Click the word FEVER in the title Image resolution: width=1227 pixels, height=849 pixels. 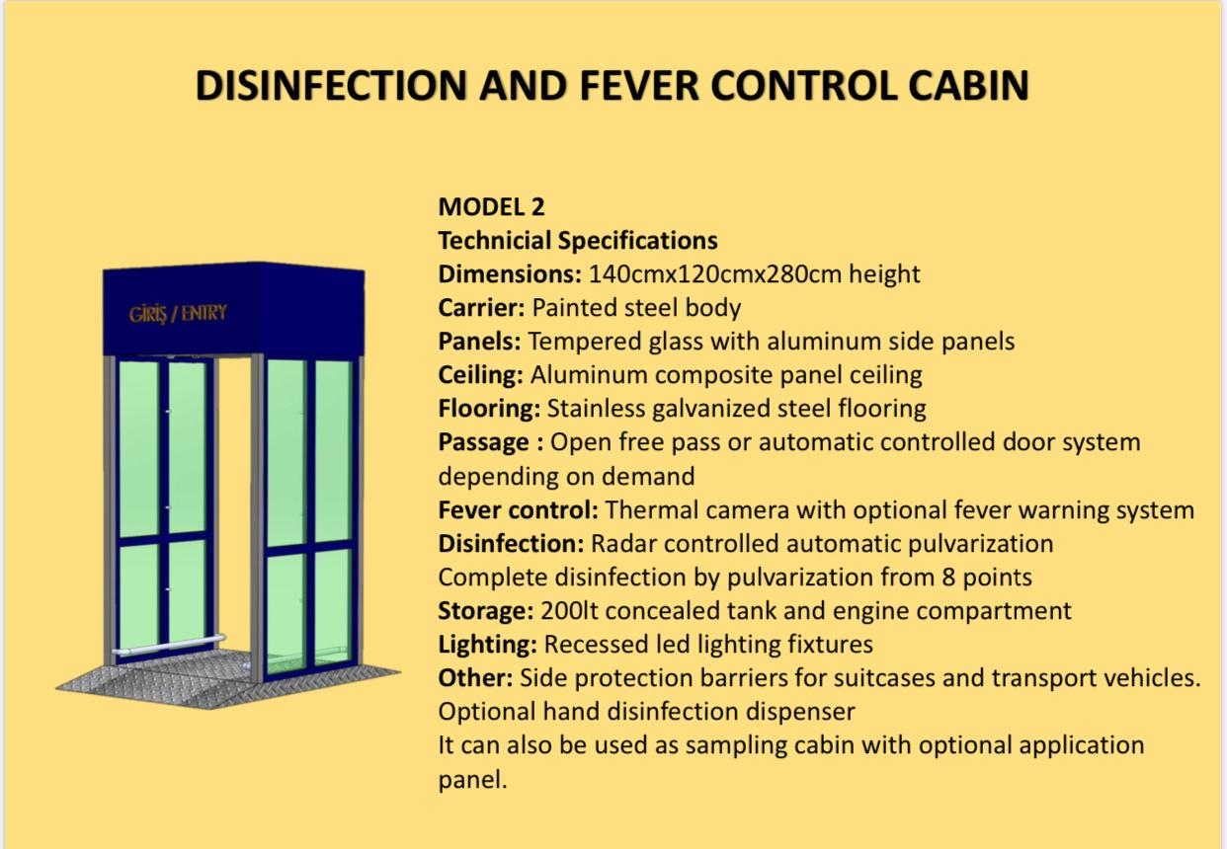pos(639,86)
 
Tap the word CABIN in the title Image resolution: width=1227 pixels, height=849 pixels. pos(968,86)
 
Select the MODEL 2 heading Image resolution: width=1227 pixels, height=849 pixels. pos(491,207)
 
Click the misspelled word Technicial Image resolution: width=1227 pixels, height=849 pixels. pos(494,240)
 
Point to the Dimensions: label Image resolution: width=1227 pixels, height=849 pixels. pos(510,273)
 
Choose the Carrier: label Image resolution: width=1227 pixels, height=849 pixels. pos(481,308)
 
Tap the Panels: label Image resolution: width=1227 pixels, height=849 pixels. pos(479,341)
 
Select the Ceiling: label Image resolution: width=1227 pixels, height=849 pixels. pos(480,375)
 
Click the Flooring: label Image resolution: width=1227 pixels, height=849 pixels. pos(489,409)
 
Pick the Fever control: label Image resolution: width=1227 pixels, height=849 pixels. pos(519,510)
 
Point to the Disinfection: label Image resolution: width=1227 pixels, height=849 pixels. pos(511,544)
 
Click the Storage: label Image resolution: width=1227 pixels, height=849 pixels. pos(486,611)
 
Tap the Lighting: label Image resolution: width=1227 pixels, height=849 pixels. pos(487,645)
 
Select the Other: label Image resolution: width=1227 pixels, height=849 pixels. pos(475,678)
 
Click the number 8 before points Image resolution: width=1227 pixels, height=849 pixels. pos(949,578)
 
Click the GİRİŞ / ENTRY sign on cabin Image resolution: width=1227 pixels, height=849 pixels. pos(178,314)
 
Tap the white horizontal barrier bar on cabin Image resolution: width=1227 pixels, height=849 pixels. pos(169,646)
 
